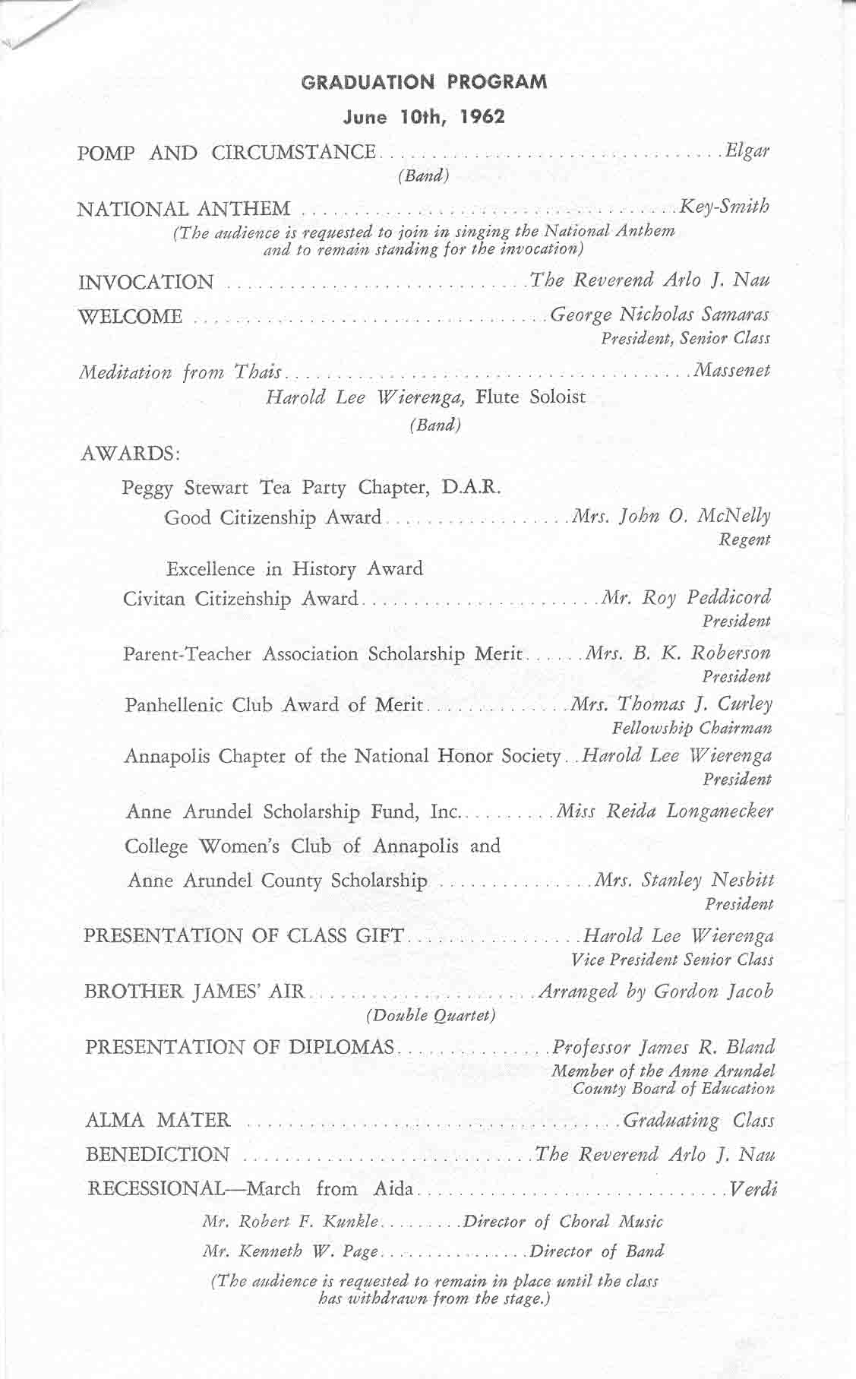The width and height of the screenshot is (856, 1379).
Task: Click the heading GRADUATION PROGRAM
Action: [x=424, y=82]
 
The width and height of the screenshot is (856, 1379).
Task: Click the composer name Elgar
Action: [x=747, y=150]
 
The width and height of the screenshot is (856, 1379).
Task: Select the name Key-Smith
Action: [x=725, y=206]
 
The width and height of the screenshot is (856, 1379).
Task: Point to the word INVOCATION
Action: [x=147, y=283]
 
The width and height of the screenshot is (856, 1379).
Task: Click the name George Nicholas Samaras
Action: [x=659, y=315]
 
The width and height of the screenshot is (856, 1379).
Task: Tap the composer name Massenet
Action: [x=730, y=371]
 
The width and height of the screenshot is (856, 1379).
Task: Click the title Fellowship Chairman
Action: [x=692, y=728]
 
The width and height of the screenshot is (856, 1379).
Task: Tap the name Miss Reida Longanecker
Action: [x=665, y=811]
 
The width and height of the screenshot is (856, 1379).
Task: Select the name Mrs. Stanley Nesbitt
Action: [x=684, y=881]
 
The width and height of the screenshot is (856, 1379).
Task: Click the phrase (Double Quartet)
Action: [x=431, y=1015]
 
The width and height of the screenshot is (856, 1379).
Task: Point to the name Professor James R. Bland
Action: [x=663, y=1048]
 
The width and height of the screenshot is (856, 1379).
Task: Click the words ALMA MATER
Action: [x=158, y=1120]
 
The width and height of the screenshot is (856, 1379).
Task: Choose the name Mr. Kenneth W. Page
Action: [x=292, y=1251]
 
